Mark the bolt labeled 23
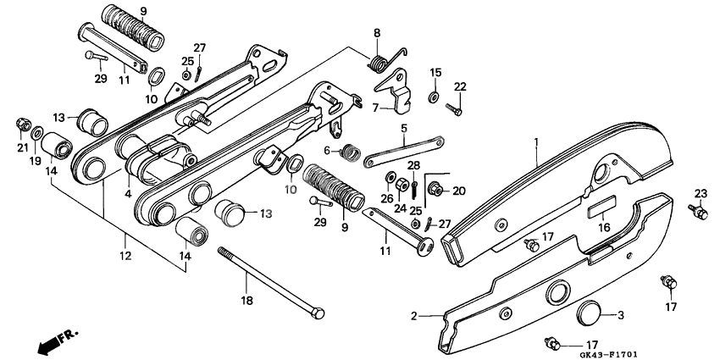(x=700, y=210)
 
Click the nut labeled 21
(x=21, y=126)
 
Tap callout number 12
(x=124, y=255)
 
